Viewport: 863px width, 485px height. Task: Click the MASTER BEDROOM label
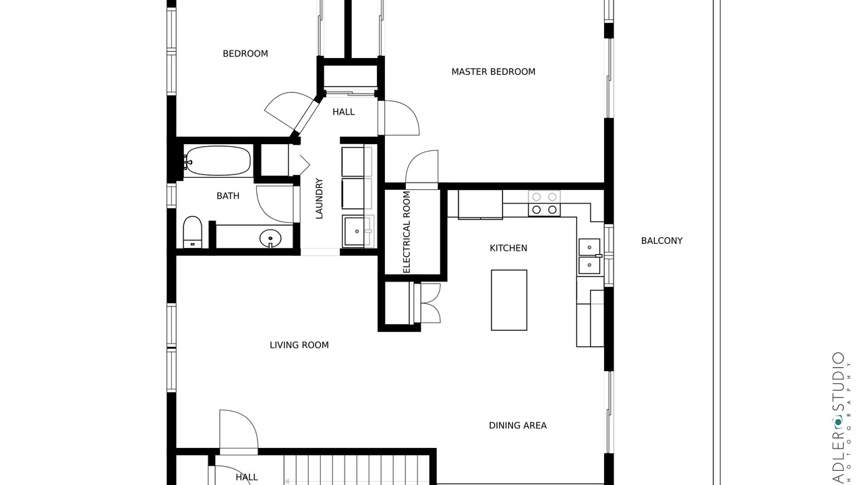(x=493, y=72)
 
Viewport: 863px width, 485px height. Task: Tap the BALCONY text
(x=661, y=241)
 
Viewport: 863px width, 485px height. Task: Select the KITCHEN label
(x=508, y=249)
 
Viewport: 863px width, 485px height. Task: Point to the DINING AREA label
(x=517, y=425)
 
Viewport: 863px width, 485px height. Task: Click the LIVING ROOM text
(x=299, y=346)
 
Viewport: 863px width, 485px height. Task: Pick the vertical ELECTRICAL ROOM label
(x=407, y=232)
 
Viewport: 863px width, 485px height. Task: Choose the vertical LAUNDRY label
(x=319, y=198)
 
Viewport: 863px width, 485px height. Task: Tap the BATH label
(x=228, y=196)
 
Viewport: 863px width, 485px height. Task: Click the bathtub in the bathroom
(x=217, y=161)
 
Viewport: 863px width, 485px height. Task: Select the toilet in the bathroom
(x=192, y=232)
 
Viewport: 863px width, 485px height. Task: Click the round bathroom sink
(x=270, y=238)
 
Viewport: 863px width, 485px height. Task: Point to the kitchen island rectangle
(x=509, y=300)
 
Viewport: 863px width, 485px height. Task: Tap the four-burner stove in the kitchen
(x=544, y=203)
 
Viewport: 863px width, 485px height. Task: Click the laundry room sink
(x=357, y=231)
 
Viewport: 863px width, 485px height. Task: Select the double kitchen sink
(x=589, y=257)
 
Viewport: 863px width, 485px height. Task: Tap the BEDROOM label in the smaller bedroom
(x=245, y=54)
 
